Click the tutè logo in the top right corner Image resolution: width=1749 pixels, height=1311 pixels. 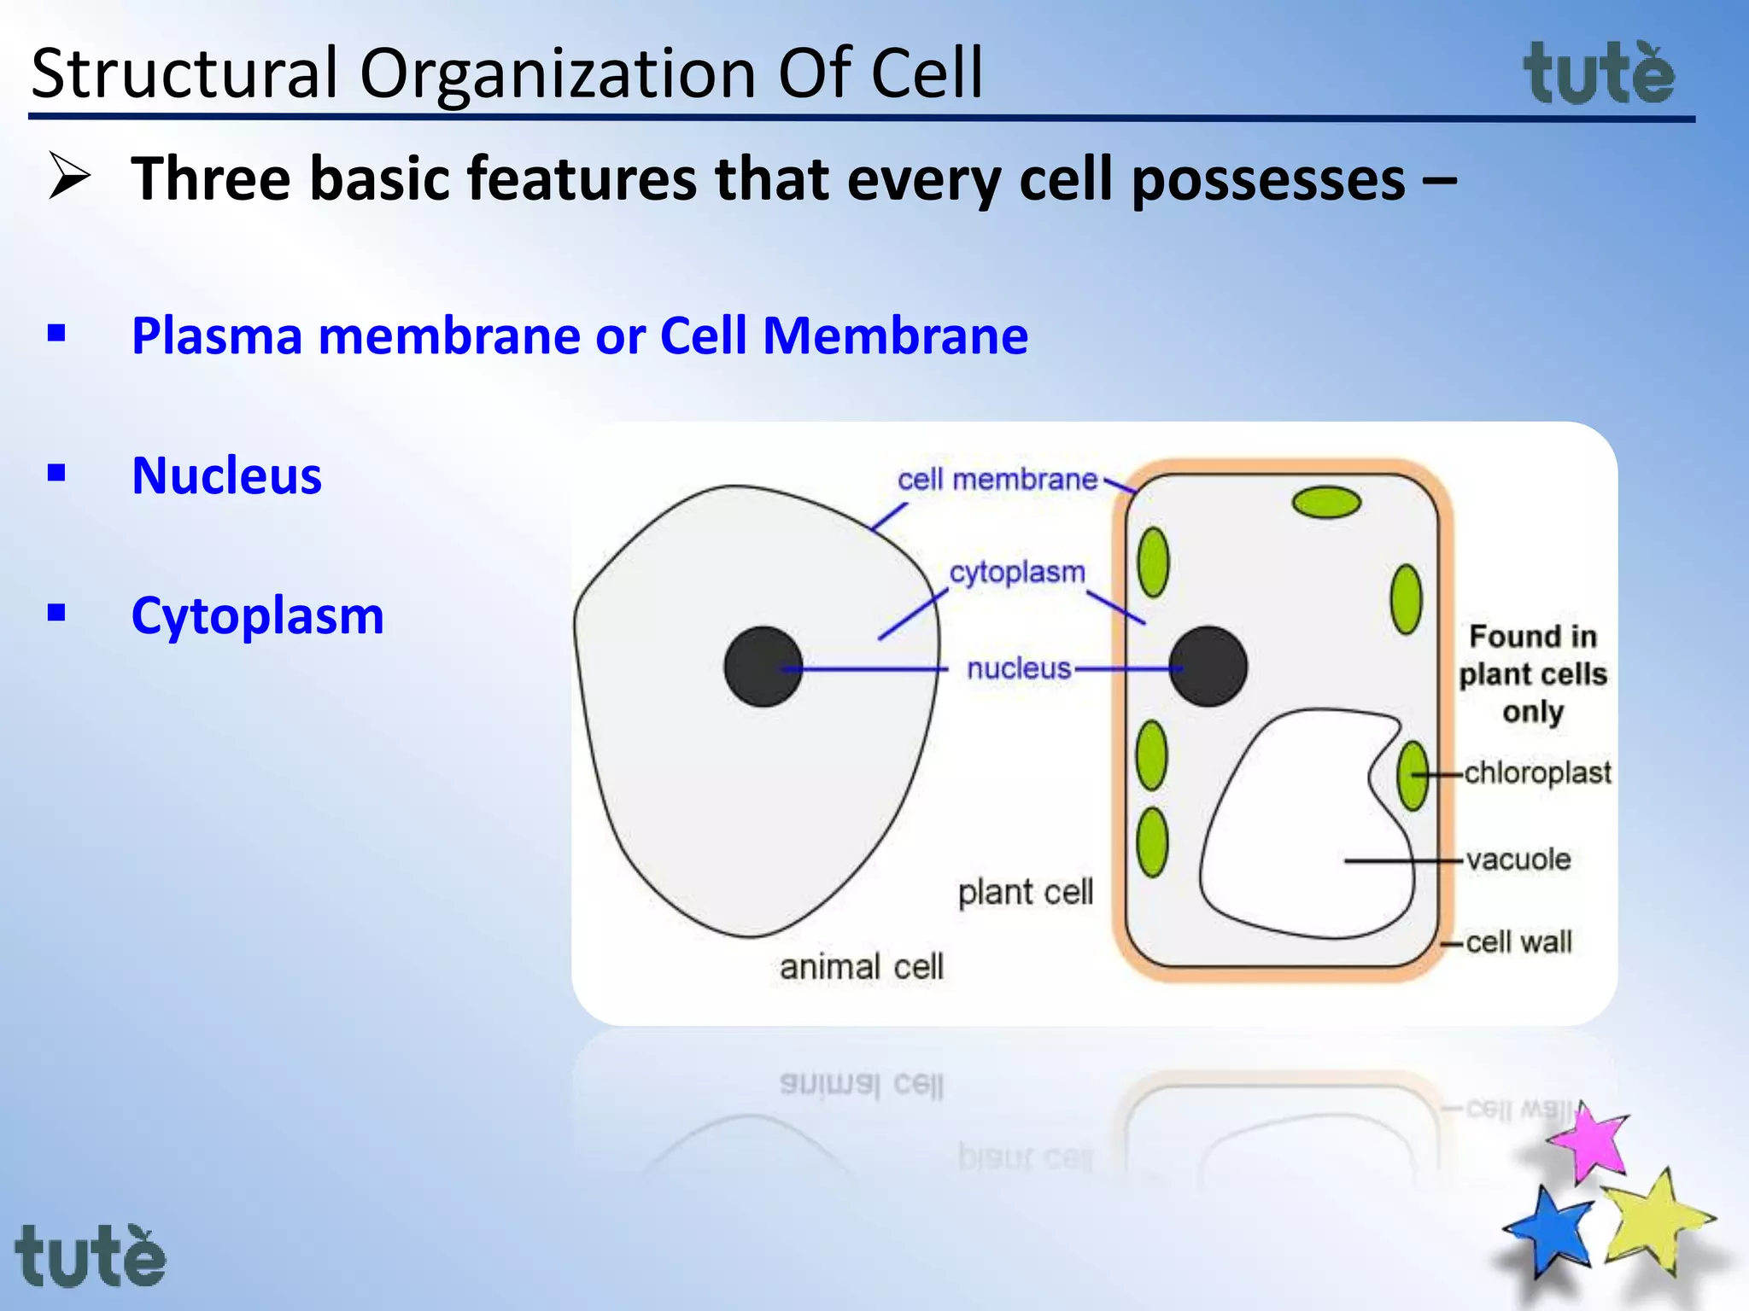pos(1599,75)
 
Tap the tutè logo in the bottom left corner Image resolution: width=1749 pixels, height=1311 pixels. pos(91,1256)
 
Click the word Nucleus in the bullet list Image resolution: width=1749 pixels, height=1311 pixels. pos(226,475)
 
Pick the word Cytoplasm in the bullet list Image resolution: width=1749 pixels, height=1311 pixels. pos(257,615)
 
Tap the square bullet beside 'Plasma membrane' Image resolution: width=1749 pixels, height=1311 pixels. pos(56,333)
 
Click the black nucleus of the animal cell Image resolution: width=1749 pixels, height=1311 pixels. pos(762,667)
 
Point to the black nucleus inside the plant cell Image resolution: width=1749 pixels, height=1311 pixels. pos(1208,667)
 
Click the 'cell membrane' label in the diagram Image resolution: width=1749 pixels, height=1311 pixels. pos(997,480)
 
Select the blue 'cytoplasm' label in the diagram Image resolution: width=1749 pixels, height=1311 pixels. pos(1016,572)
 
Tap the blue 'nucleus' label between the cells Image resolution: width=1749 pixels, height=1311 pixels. pos(1018,668)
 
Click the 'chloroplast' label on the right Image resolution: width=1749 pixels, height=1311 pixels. pos(1537,772)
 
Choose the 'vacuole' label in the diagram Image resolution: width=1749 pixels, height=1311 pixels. pos(1518,859)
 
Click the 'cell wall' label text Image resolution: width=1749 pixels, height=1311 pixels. pos(1518,942)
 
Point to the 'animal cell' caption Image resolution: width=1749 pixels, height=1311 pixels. pos(861,967)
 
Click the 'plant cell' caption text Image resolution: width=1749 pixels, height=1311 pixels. pos(1025,893)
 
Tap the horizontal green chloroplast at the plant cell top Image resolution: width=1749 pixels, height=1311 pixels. pos(1325,503)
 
